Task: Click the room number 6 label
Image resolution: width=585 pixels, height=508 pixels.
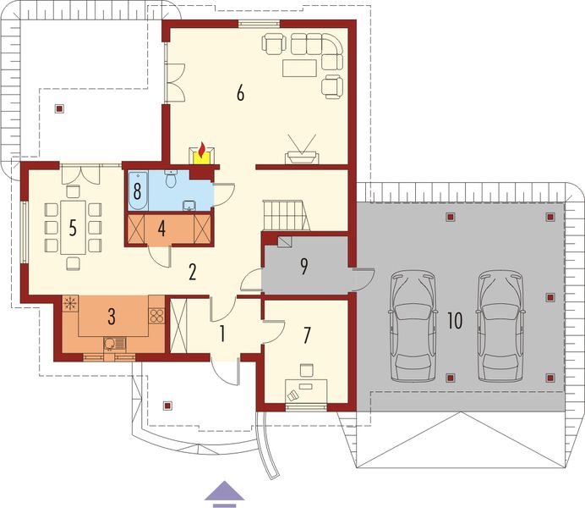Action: (x=241, y=92)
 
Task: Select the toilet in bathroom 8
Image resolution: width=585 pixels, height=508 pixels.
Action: (x=172, y=179)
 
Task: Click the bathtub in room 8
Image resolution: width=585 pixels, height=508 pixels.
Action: (x=138, y=190)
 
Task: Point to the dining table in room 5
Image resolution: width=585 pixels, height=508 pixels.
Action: (x=73, y=228)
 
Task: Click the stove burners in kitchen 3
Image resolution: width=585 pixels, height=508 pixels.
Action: (x=156, y=316)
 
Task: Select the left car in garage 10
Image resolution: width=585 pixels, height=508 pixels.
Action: (x=413, y=326)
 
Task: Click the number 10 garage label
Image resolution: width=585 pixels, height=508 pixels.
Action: (x=455, y=321)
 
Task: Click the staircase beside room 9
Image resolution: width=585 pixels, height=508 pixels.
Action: (x=287, y=215)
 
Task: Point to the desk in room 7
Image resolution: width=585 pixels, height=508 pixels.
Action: (x=306, y=391)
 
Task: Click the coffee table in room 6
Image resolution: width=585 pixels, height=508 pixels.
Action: (x=299, y=68)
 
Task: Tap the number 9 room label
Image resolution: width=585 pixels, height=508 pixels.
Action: (x=304, y=267)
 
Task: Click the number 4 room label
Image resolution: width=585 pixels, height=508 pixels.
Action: (x=161, y=229)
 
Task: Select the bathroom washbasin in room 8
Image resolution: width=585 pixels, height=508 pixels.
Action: (x=189, y=205)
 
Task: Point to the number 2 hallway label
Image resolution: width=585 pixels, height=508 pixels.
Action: (x=193, y=272)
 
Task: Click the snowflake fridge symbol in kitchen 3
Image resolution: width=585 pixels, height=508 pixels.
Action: (x=70, y=303)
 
